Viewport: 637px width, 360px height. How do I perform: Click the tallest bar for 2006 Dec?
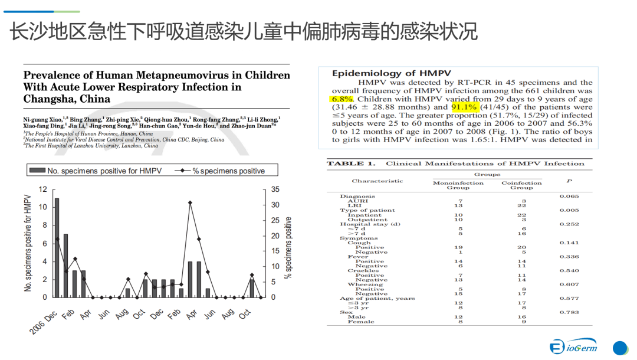pos(57,247)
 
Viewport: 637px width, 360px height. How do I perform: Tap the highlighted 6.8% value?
pos(342,99)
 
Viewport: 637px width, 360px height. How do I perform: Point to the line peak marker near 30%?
pos(190,202)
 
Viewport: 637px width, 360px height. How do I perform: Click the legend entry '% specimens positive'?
pos(221,171)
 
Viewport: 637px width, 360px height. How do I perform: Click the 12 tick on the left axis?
pos(42,189)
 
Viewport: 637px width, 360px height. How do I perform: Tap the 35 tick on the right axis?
pos(275,189)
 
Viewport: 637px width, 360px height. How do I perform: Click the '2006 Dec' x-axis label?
pos(43,323)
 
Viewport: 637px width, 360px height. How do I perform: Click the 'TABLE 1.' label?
pos(351,163)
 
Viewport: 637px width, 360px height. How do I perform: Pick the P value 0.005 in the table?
pos(569,210)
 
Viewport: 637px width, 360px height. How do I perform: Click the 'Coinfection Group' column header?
pos(521,185)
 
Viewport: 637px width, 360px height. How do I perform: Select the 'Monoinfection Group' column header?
pos(458,185)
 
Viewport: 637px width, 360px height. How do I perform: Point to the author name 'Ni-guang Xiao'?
pos(44,119)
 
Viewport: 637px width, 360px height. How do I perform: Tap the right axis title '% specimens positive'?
pos(288,247)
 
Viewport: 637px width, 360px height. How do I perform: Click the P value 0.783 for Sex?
pos(569,312)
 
